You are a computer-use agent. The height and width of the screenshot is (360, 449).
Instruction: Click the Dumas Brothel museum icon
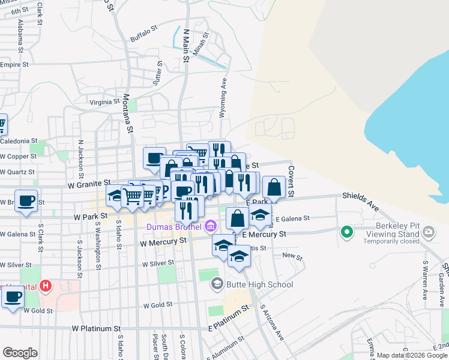coord(210,227)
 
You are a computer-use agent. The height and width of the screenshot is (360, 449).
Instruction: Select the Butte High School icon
coord(217,284)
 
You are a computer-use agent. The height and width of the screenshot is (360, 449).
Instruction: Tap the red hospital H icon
coord(44,286)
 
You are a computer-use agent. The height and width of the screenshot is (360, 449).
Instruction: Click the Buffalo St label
coord(143,34)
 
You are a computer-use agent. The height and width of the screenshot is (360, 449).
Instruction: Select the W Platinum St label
coord(96,329)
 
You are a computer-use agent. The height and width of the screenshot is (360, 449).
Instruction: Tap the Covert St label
coord(291,181)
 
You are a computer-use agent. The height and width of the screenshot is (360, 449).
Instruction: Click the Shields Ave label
coord(361,201)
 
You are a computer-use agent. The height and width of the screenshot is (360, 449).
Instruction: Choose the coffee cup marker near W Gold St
coord(13,296)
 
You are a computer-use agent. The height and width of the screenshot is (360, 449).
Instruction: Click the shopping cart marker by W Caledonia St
coord(2,125)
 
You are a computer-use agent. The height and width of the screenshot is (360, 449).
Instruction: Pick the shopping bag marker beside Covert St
coord(274,187)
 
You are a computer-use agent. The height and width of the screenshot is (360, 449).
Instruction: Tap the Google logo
coord(20,352)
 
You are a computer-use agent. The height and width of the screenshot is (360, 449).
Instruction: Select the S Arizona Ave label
coord(271,323)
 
